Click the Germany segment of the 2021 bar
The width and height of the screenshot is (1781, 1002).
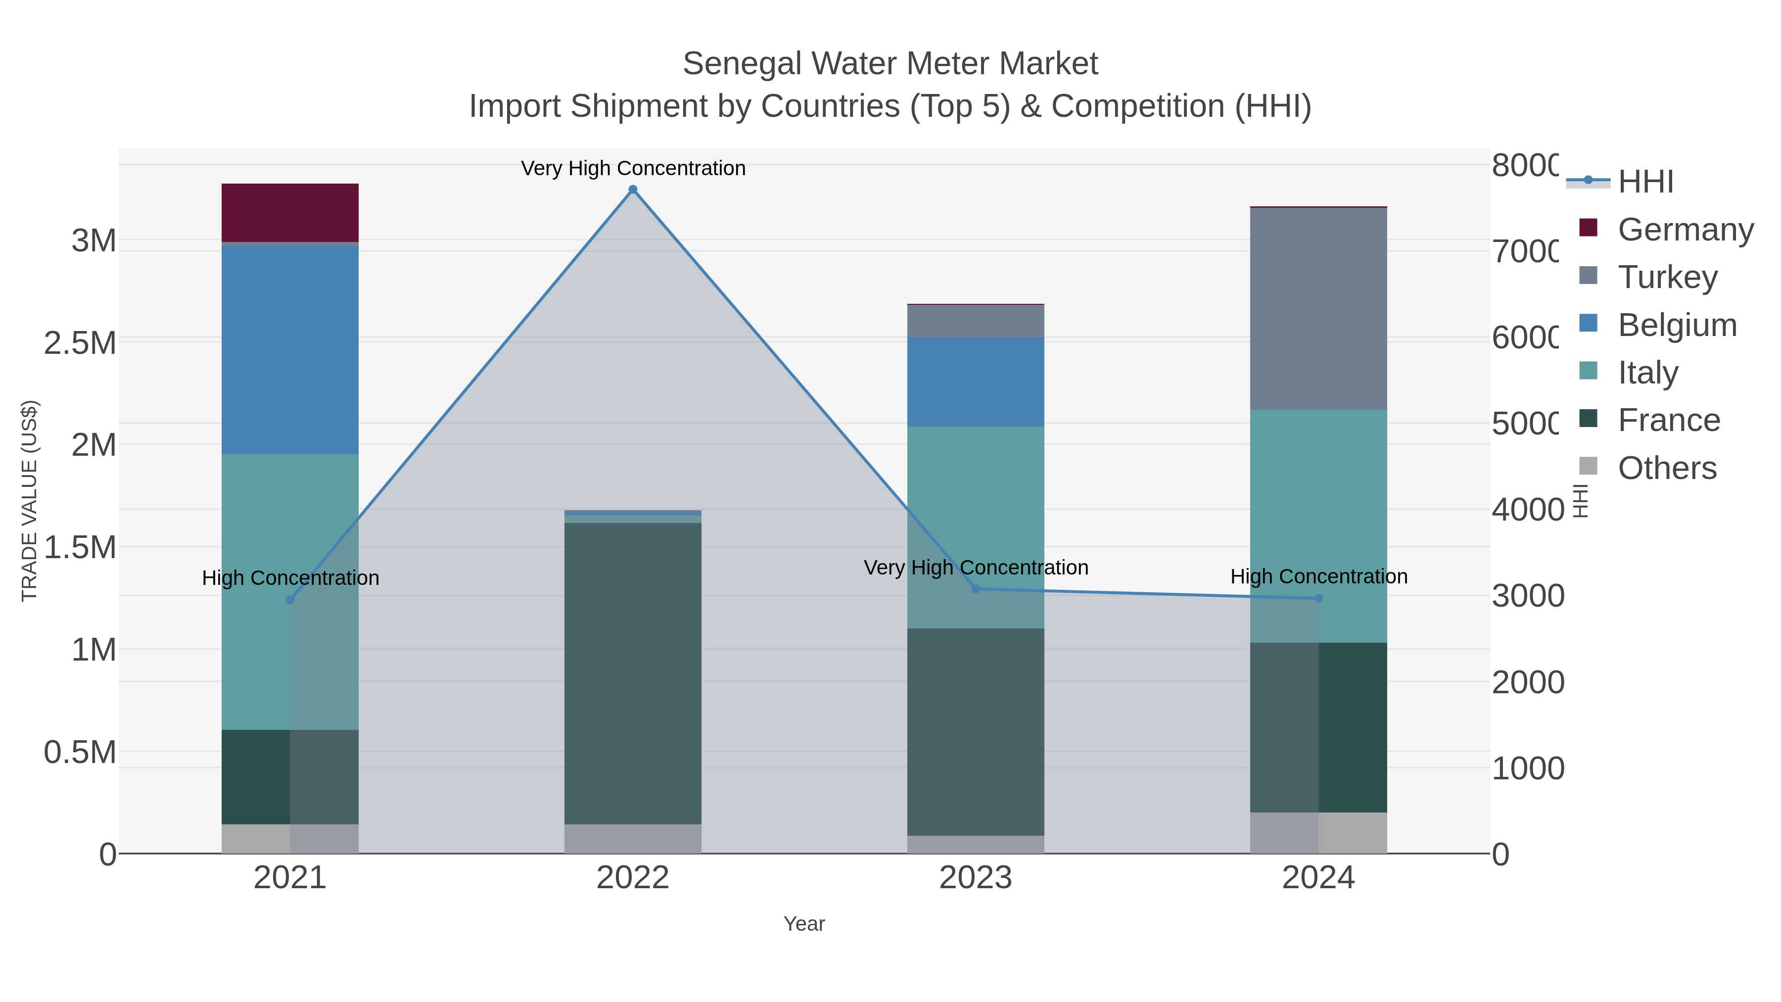[290, 212]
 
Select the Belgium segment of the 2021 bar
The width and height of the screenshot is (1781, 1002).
[290, 349]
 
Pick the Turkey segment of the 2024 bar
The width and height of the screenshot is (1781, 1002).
[1318, 308]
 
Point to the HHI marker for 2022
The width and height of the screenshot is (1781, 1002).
[633, 190]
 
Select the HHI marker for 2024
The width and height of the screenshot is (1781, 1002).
[1318, 598]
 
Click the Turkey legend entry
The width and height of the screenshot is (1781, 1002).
[1666, 277]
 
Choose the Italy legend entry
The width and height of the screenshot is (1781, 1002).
[1647, 373]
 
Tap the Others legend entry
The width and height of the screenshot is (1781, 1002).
[1666, 468]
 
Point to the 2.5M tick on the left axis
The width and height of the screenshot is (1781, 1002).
[80, 343]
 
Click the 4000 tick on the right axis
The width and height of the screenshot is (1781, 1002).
[1527, 510]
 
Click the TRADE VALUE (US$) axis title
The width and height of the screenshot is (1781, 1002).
[29, 501]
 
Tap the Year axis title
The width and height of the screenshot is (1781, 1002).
[803, 924]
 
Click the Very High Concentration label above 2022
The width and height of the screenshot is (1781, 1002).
[633, 168]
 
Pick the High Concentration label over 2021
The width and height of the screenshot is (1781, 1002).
[290, 577]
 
